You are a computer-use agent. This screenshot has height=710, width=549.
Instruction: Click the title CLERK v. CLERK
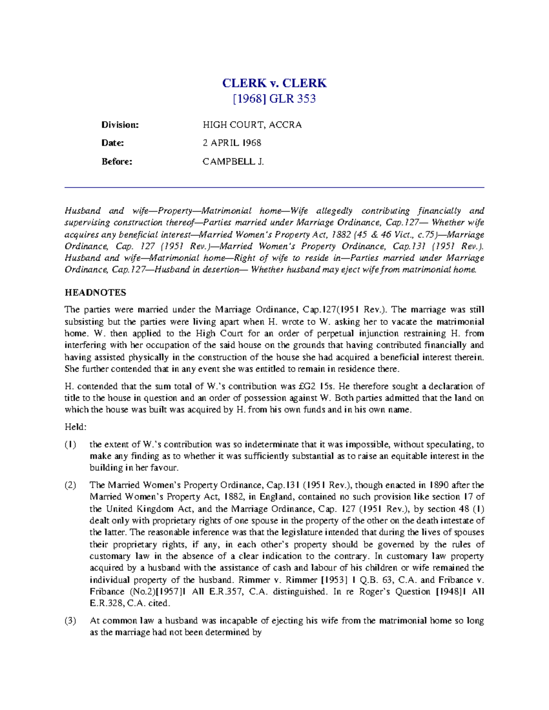[x=274, y=83]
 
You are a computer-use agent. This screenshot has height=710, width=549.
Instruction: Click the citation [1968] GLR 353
[x=274, y=99]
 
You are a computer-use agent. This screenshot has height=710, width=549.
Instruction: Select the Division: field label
[x=120, y=125]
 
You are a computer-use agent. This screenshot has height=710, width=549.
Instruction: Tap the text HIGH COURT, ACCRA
[x=252, y=125]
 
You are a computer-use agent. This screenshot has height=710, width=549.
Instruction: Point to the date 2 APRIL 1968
[x=232, y=143]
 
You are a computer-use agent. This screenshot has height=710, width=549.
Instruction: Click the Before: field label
[x=117, y=161]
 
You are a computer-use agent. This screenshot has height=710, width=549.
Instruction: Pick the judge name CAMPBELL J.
[x=233, y=161]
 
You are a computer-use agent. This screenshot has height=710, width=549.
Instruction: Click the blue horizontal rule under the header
[x=274, y=187]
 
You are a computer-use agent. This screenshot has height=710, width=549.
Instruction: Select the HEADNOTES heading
[x=95, y=293]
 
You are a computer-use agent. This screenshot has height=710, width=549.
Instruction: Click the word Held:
[x=75, y=427]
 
